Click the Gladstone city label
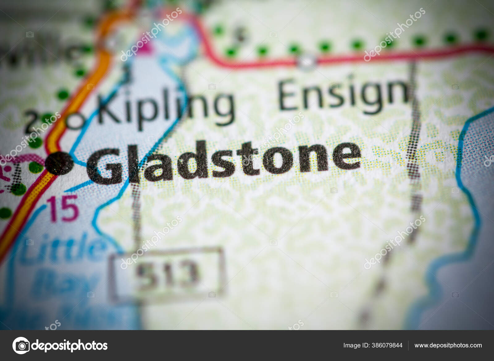tap(224, 162)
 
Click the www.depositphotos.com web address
tap(448, 346)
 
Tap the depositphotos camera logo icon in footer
tap(21, 346)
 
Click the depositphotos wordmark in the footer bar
tap(69, 346)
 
